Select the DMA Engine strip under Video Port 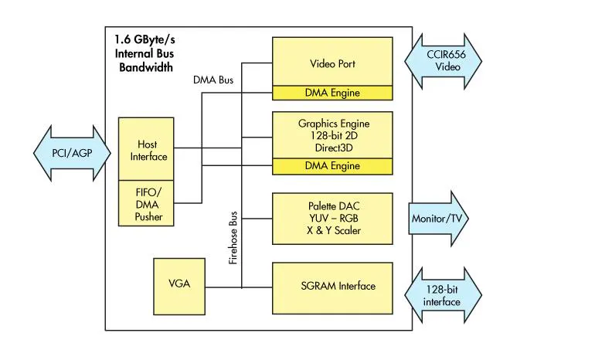pyautogui.click(x=332, y=93)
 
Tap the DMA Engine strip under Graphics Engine pyautogui.click(x=332, y=166)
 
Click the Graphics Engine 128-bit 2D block pyautogui.click(x=332, y=134)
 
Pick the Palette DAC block pyautogui.click(x=332, y=219)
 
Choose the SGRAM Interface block pyautogui.click(x=332, y=287)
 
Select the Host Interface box pyautogui.click(x=147, y=150)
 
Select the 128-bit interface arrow pyautogui.click(x=441, y=295)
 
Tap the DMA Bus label pyautogui.click(x=213, y=78)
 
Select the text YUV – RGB pyautogui.click(x=333, y=218)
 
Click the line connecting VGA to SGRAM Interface pyautogui.click(x=224, y=288)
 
